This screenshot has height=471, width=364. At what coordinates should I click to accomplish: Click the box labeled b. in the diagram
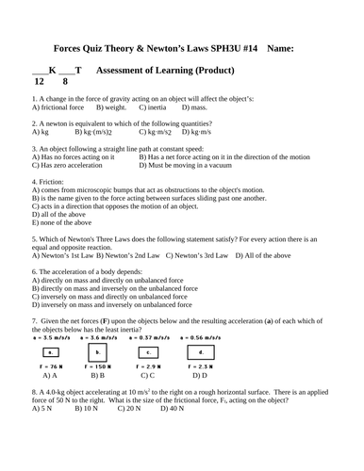(x=95, y=351)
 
